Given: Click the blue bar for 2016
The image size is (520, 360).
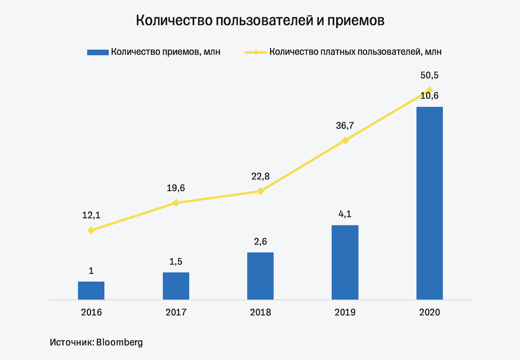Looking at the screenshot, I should coord(91,290).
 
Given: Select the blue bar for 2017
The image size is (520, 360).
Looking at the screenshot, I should coord(176,286).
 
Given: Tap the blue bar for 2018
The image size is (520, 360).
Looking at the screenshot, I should coord(260,276).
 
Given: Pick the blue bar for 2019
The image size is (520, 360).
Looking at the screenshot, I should coord(345,262).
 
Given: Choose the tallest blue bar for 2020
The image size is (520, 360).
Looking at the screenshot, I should coord(429,203).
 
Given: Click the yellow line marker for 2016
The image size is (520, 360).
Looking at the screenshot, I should coord(91,230).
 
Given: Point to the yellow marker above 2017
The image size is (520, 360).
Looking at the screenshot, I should coord(176,203).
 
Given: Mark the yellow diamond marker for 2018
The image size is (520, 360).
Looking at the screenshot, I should coord(260,191).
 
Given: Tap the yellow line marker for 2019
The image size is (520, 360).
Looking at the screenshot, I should coord(345,140).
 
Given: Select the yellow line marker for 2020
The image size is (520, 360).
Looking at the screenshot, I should coord(429,90).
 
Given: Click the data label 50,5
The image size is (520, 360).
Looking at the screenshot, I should coord(429,76).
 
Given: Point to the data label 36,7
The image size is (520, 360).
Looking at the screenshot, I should coord(345,125).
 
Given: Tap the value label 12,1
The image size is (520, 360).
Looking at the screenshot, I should coord(91,215).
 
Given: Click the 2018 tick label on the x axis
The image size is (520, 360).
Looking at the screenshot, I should coord(260,312).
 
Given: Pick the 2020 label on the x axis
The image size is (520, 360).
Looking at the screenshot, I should coord(429,312).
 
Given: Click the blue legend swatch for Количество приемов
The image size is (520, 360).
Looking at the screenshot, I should coord(97,52).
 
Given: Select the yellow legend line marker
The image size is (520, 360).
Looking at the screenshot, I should coord(256,52).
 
